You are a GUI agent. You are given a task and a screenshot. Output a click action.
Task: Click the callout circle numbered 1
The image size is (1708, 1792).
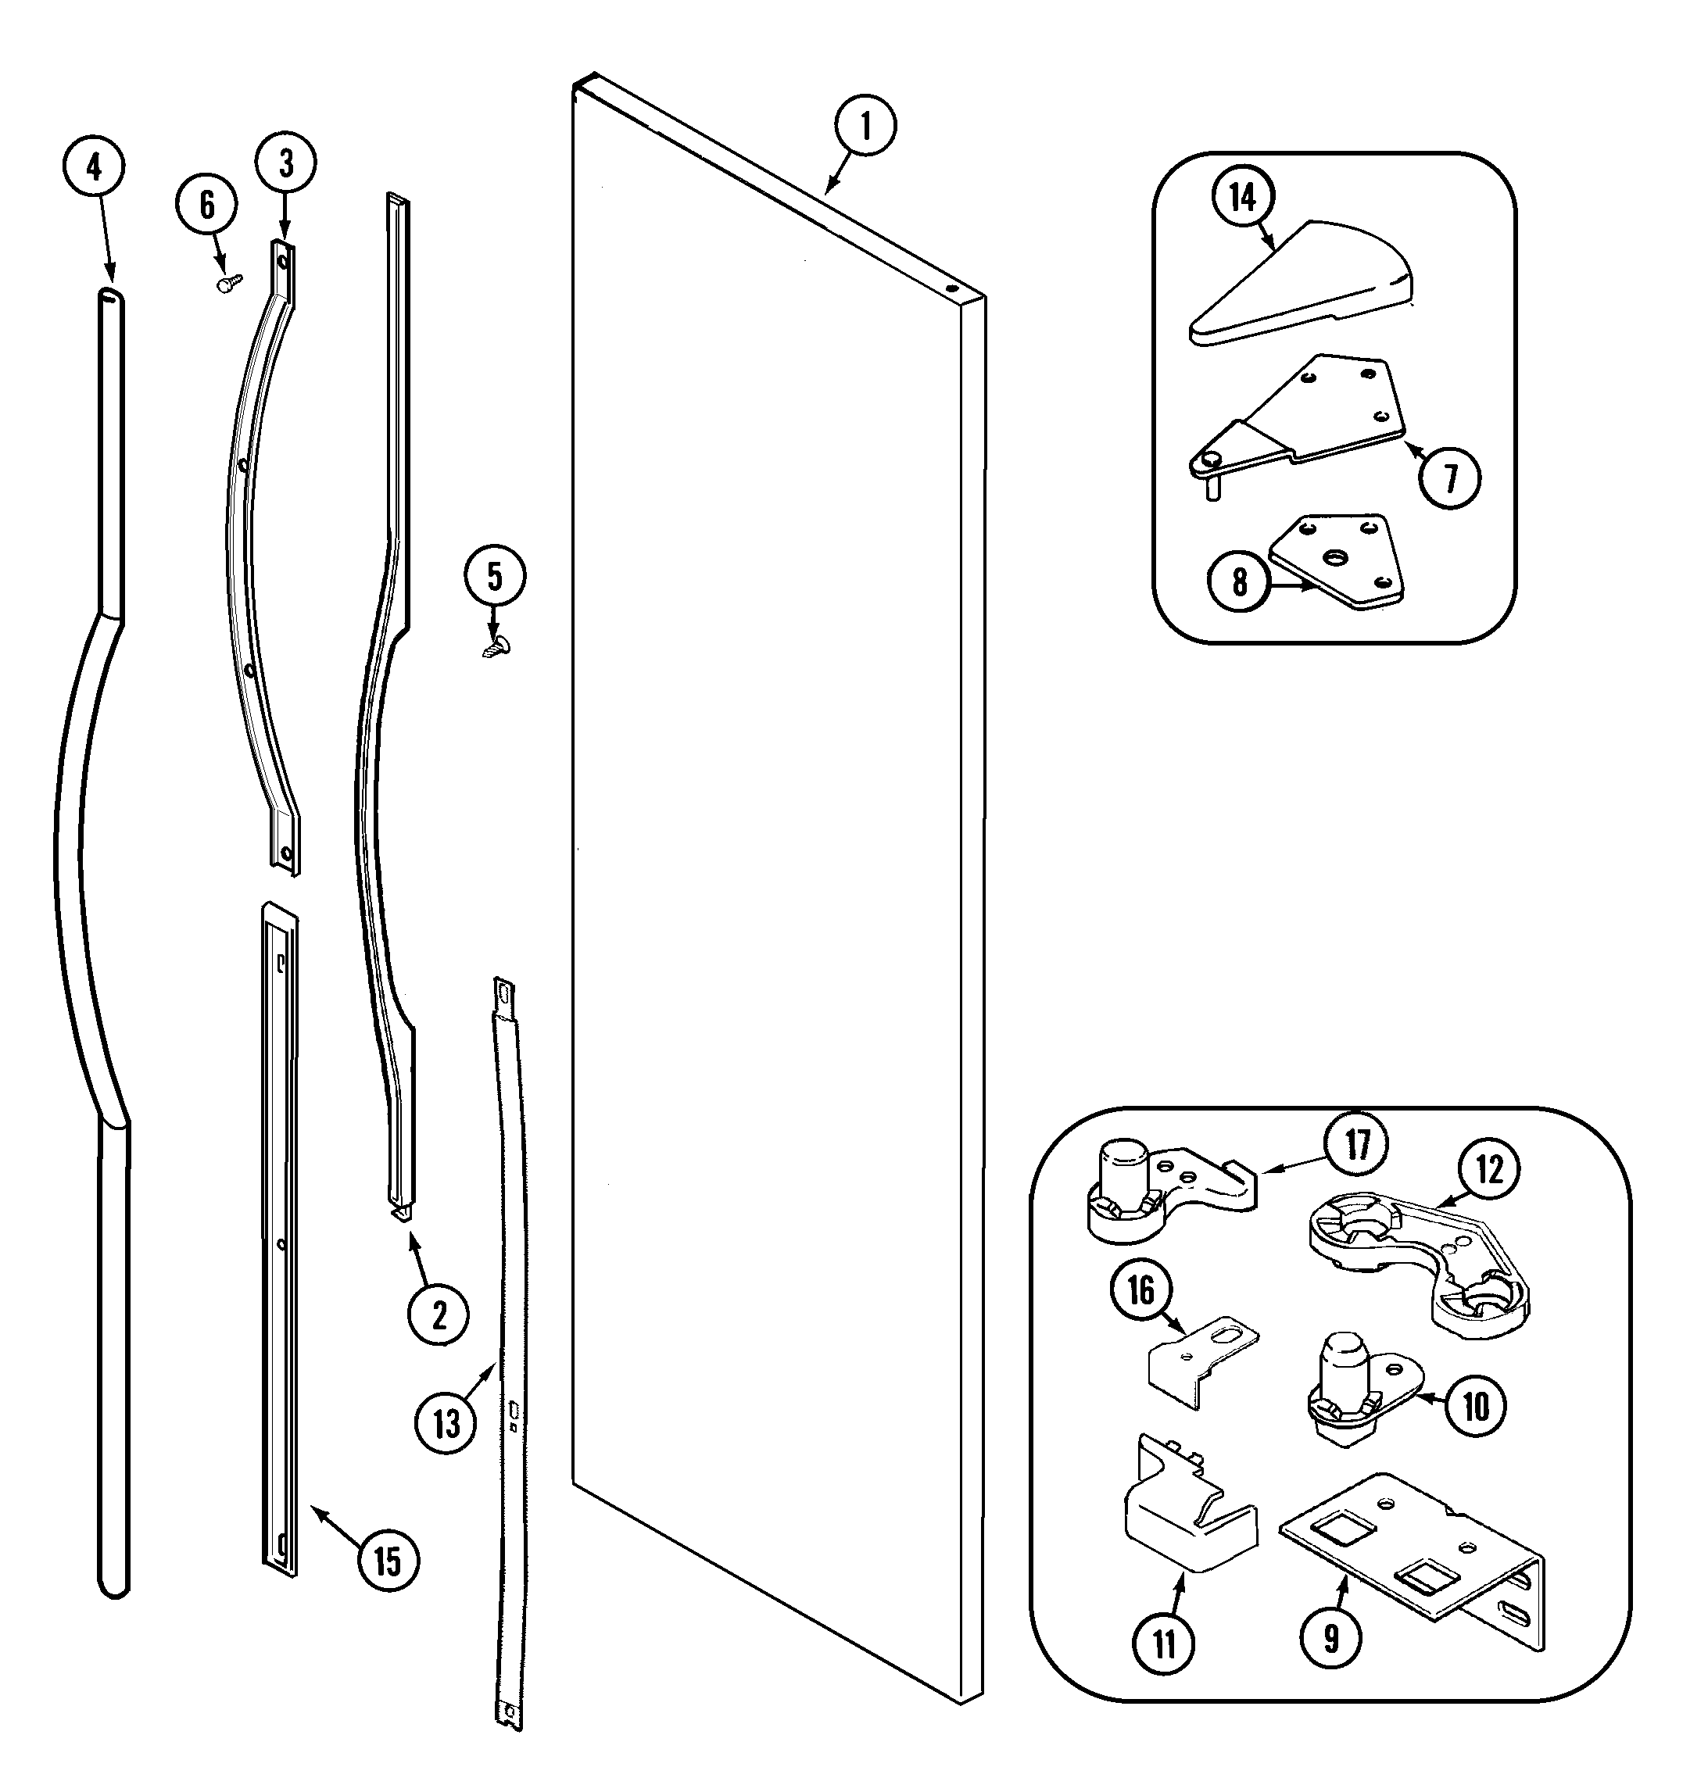pos(864,127)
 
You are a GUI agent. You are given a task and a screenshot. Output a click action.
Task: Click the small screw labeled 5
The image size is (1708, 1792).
pos(496,646)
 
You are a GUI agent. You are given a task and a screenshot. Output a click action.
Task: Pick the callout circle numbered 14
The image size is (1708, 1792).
pos(1244,198)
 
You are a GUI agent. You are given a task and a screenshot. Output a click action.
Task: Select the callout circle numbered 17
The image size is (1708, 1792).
pos(1356,1145)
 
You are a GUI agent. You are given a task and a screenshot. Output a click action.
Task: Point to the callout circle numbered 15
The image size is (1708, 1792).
pos(388,1561)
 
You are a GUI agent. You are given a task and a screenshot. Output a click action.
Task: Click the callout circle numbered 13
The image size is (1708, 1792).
pos(446,1422)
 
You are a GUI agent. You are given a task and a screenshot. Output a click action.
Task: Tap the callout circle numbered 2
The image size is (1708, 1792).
pos(439,1314)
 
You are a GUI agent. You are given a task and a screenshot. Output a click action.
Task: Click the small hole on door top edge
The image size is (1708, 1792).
pos(951,288)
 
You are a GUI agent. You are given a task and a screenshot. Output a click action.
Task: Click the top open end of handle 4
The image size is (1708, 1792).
pos(109,294)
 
